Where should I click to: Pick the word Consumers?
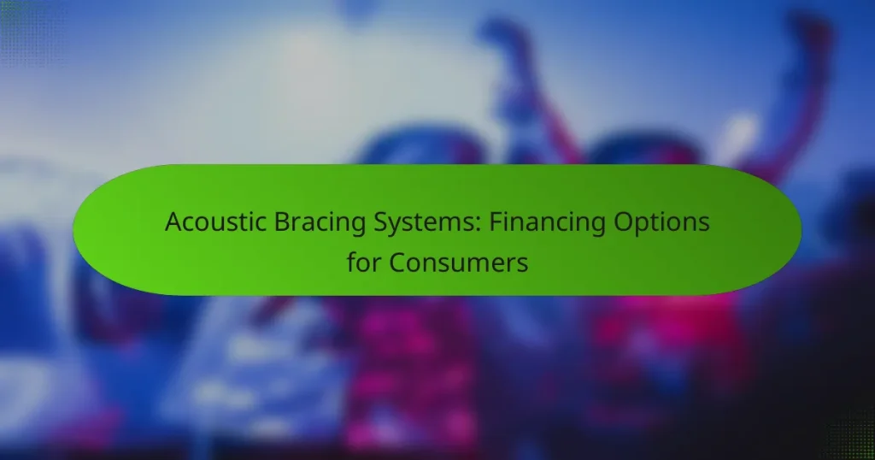(459, 262)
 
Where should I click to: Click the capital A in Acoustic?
(173, 222)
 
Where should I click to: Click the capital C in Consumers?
(398, 262)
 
